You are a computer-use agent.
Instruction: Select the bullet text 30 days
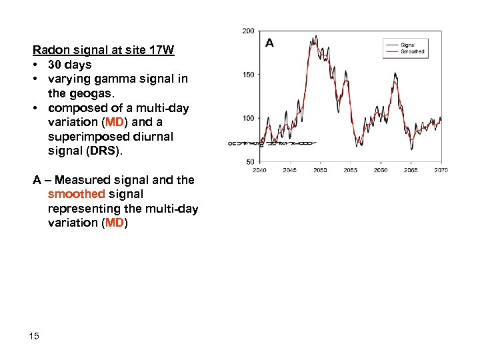pyautogui.click(x=69, y=65)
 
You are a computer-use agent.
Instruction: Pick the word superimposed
pyautogui.click(x=83, y=137)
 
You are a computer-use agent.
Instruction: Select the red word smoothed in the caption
pyautogui.click(x=76, y=194)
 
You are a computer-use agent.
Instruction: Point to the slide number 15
pyautogui.click(x=34, y=335)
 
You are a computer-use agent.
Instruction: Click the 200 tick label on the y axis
pyautogui.click(x=248, y=31)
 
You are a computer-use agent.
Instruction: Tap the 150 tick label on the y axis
pyautogui.click(x=248, y=75)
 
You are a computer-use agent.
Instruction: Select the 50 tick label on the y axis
pyautogui.click(x=250, y=162)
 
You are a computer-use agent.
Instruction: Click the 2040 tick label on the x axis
pyautogui.click(x=259, y=170)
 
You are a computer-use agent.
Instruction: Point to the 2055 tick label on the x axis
pyautogui.click(x=350, y=170)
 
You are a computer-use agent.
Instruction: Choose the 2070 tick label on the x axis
pyautogui.click(x=441, y=170)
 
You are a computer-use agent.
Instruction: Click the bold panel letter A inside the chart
pyautogui.click(x=269, y=43)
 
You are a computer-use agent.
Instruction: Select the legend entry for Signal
pyautogui.click(x=407, y=45)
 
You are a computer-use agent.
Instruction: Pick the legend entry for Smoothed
pyautogui.click(x=411, y=51)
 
